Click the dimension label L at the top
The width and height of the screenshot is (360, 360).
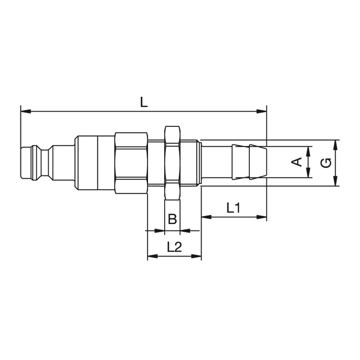pos(144,102)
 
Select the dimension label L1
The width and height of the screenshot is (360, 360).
pos(234,208)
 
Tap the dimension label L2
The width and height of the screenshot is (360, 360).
pos(174,247)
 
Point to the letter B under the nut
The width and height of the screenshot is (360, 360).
pos(172,219)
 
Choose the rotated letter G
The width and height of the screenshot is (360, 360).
pos(326,163)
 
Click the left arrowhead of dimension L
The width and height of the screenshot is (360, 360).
pos(26,111)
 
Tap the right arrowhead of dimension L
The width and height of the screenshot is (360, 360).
pos(261,111)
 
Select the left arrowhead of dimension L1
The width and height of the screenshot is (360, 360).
pos(207,216)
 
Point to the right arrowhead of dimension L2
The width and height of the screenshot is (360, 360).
pos(196,256)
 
